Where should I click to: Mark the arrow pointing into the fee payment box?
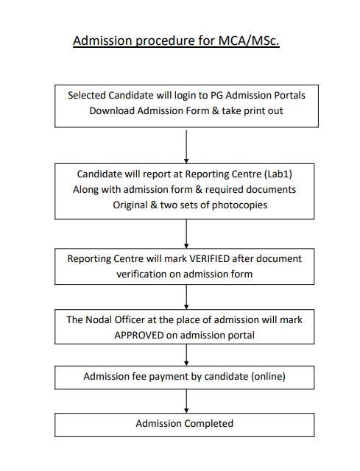[x=186, y=354]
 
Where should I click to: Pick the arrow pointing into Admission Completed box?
[x=186, y=400]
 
